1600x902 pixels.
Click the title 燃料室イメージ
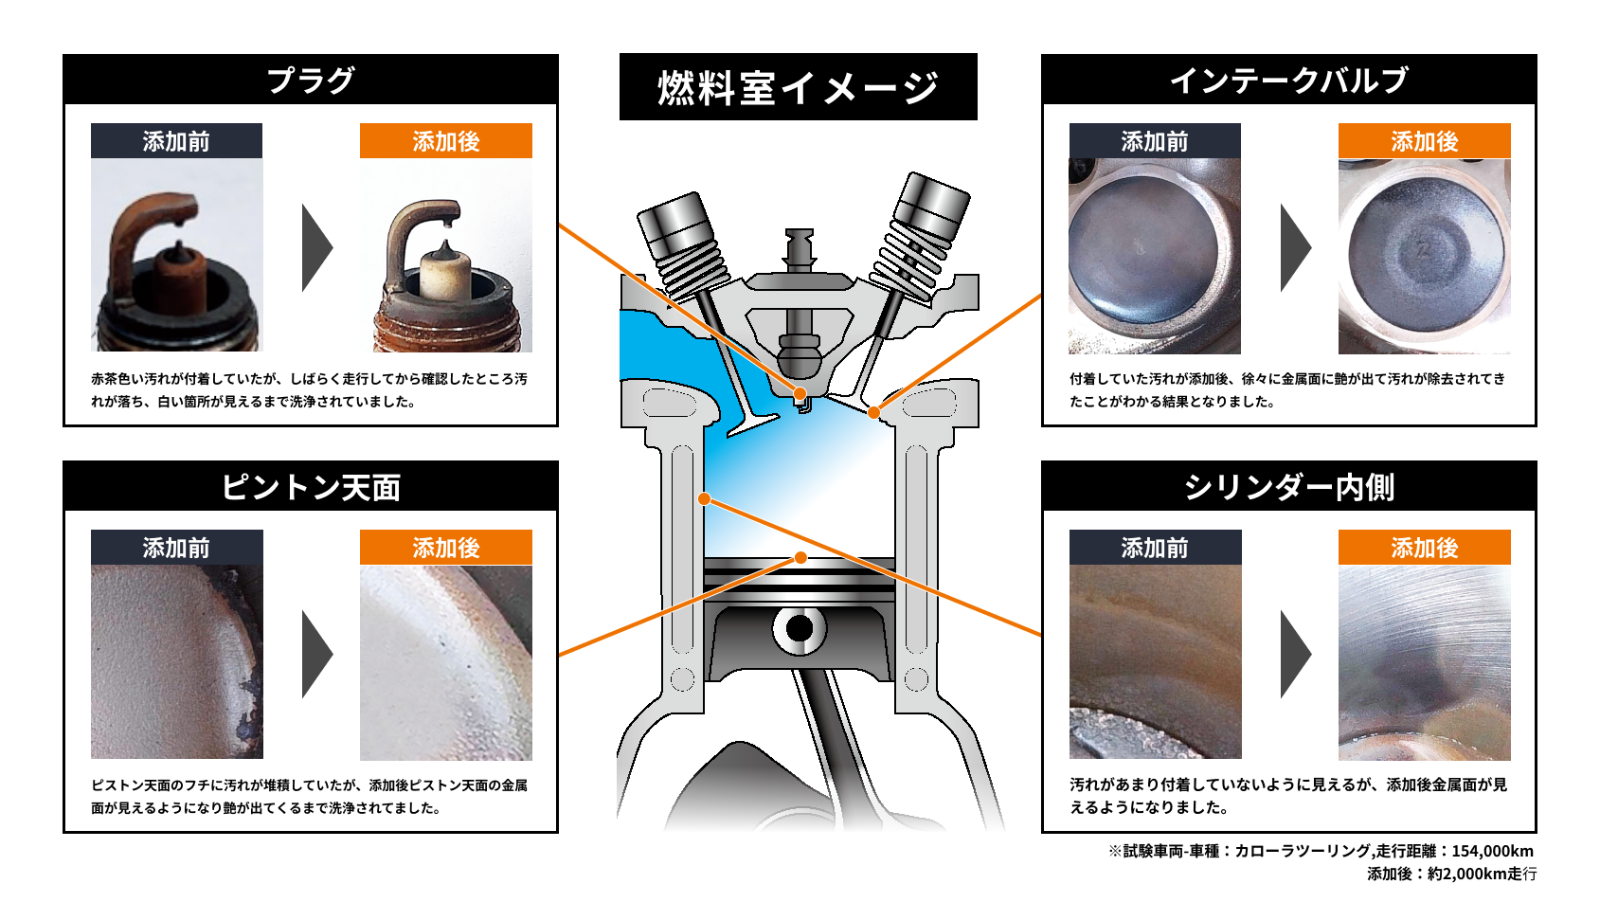coord(798,87)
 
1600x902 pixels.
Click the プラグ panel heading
coord(310,81)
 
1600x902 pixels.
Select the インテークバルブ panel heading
coord(1288,81)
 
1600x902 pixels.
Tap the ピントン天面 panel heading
coord(310,487)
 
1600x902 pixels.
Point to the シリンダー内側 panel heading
coord(1288,487)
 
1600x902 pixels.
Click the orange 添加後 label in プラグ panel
coord(445,141)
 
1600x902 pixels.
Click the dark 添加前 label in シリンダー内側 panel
coord(1154,548)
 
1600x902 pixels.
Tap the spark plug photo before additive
coord(176,256)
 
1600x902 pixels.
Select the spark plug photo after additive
coord(445,256)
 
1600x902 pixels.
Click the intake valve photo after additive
coord(1424,256)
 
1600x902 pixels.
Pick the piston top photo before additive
coord(176,661)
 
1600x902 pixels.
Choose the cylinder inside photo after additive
coord(1424,661)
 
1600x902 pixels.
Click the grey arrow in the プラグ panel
coord(316,247)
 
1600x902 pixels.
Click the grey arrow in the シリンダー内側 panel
coord(1295,654)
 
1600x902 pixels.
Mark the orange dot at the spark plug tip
coord(800,393)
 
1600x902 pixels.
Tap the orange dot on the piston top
coord(800,558)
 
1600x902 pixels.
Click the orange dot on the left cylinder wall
coord(704,498)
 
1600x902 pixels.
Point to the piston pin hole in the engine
coord(800,628)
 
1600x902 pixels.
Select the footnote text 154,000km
coord(1492,851)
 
